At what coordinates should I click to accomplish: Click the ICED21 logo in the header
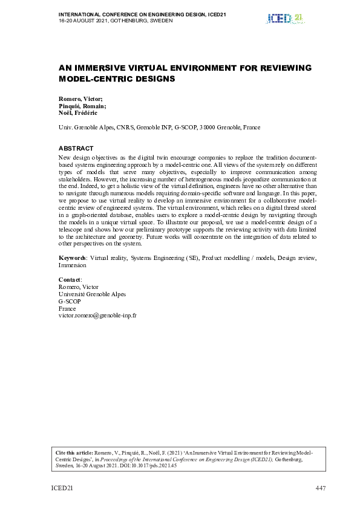click(x=284, y=19)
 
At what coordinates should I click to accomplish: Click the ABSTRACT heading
click(x=76, y=148)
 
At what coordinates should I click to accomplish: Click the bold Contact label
click(x=70, y=280)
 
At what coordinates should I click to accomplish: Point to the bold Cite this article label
click(x=75, y=452)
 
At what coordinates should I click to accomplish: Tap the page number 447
click(x=321, y=488)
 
